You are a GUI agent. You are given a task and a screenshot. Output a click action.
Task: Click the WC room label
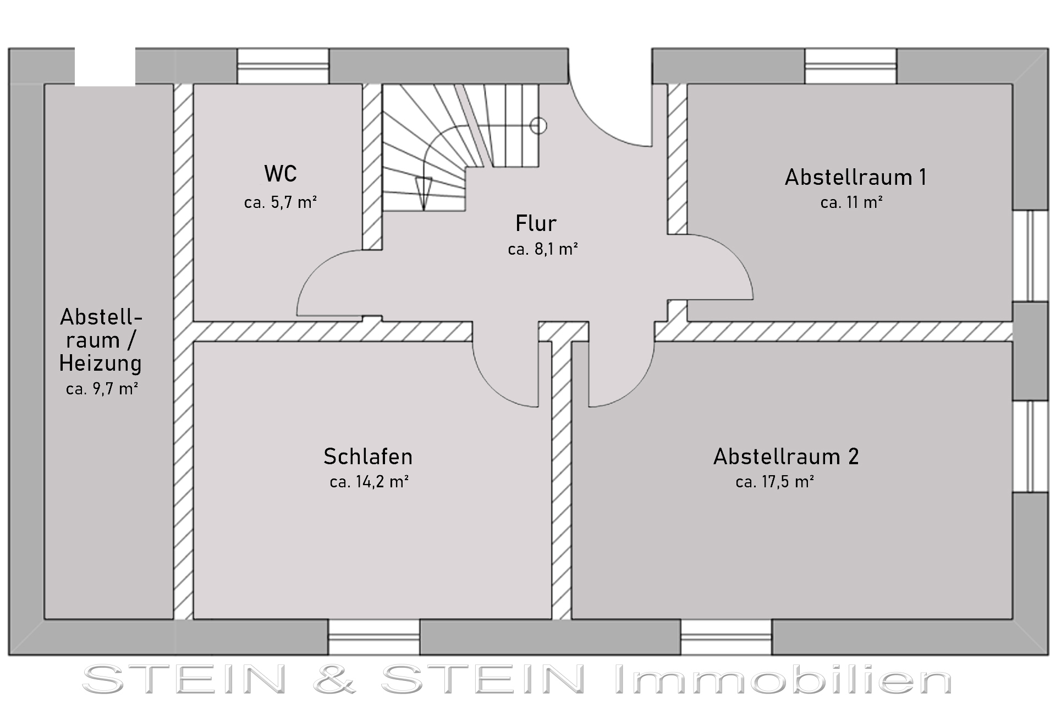pyautogui.click(x=280, y=174)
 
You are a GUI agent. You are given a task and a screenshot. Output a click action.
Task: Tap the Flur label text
pyautogui.click(x=536, y=223)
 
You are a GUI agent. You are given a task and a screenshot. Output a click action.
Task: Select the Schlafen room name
pyautogui.click(x=368, y=457)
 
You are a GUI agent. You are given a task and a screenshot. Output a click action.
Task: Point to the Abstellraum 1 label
pyautogui.click(x=856, y=177)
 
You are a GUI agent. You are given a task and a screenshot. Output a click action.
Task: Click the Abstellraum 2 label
pyautogui.click(x=786, y=457)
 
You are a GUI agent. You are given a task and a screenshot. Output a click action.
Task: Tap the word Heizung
pyautogui.click(x=101, y=364)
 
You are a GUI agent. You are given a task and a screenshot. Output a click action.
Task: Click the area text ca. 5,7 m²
pyautogui.click(x=280, y=202)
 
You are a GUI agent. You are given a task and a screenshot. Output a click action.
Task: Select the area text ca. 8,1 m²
pyautogui.click(x=543, y=249)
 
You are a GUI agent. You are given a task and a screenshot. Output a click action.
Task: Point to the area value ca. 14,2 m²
pyautogui.click(x=369, y=482)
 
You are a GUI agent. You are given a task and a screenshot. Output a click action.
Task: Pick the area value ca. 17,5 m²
pyautogui.click(x=775, y=482)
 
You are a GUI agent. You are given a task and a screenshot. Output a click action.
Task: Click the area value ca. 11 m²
pyautogui.click(x=852, y=202)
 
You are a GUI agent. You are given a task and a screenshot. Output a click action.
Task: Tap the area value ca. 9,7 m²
pyautogui.click(x=102, y=389)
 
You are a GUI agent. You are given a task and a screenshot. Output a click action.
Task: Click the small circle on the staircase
pyautogui.click(x=538, y=126)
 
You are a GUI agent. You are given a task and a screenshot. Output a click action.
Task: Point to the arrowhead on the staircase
pyautogui.click(x=424, y=193)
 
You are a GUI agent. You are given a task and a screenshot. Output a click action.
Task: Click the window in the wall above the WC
pyautogui.click(x=283, y=67)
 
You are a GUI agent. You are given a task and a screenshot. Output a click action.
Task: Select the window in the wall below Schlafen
pyautogui.click(x=374, y=637)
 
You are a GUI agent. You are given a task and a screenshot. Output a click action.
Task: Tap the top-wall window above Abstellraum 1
pyautogui.click(x=851, y=67)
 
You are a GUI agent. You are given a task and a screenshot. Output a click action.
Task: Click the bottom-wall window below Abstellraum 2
pyautogui.click(x=727, y=637)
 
